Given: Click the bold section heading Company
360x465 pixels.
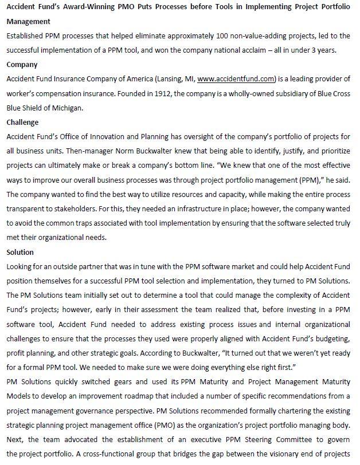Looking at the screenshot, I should [22, 65].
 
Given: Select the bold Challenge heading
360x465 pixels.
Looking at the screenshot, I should [22, 122].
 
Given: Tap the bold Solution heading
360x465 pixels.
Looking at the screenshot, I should [20, 252].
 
